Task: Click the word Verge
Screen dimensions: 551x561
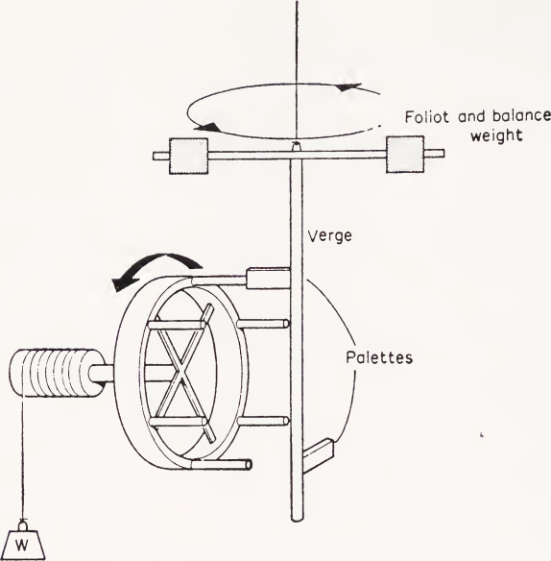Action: coord(329,236)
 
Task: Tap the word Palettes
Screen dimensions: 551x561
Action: coord(379,357)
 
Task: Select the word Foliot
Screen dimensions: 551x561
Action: coord(426,117)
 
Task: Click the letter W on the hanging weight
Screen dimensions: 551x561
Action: coord(22,546)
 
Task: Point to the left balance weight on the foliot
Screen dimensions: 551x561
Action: coord(188,156)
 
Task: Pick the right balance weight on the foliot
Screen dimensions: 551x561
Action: coord(405,155)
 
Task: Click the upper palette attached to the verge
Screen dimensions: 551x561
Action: coord(268,278)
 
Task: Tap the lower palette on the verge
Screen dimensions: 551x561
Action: coord(319,455)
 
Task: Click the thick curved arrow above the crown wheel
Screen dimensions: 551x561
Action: coord(161,261)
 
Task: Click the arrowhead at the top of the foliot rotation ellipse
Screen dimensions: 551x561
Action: coord(349,87)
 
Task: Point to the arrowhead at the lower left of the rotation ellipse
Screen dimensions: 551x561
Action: coord(206,127)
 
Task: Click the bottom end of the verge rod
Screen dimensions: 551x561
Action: coord(297,518)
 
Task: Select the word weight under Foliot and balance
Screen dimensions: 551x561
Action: coord(496,135)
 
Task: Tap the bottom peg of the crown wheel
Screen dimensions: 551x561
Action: coord(222,465)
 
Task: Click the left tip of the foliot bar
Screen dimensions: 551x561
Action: coord(155,156)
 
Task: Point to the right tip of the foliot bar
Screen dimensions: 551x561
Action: coord(443,154)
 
